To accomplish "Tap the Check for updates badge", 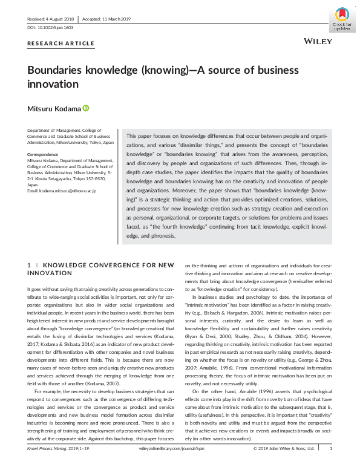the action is tap(342, 19).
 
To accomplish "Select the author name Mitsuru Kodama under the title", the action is tap(54, 109).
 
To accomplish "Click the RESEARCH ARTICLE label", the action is tap(61, 44).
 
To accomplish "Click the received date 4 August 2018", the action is tap(51, 19).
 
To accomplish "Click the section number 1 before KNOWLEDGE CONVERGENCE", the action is tap(30, 265).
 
